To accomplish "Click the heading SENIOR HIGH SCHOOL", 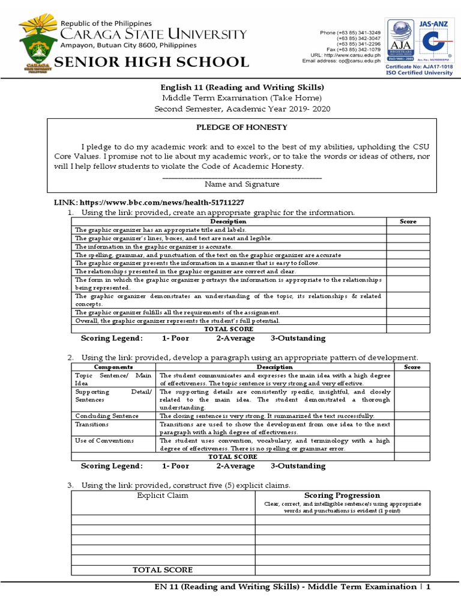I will tap(152, 62).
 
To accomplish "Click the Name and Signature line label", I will tap(242, 185).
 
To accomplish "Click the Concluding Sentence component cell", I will tap(106, 416).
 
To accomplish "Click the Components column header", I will tap(113, 367).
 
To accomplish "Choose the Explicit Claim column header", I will tap(163, 495).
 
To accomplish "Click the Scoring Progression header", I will tap(342, 495).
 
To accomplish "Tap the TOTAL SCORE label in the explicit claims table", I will tap(163, 569).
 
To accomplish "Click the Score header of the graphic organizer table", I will tap(408, 222).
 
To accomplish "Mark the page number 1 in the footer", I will tap(429, 586).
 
